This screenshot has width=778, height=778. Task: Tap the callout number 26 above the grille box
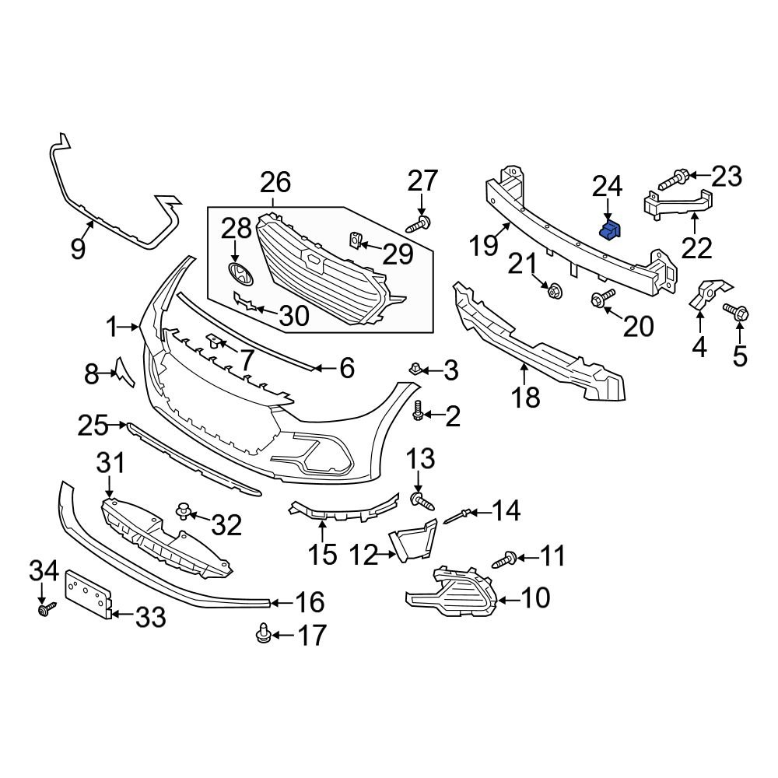[x=275, y=184]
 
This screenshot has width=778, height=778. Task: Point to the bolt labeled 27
[x=420, y=225]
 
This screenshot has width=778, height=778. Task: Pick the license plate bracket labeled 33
[x=86, y=594]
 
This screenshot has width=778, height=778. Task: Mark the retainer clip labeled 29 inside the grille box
[x=354, y=242]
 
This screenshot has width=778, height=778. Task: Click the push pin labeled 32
[x=185, y=512]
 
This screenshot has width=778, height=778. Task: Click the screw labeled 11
[x=504, y=558]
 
